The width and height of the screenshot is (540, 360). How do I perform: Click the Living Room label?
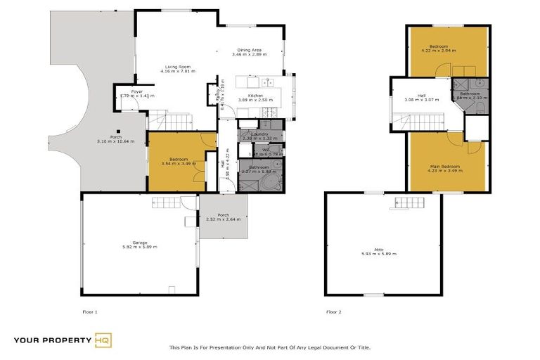tap(177, 67)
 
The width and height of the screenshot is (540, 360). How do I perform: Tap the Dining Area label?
tap(249, 50)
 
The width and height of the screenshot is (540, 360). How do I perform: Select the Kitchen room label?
tap(255, 96)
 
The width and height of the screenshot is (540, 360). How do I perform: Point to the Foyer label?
tap(137, 91)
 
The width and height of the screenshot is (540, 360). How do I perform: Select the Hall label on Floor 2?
tap(421, 96)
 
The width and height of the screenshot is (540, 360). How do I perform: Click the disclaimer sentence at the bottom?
tap(269, 347)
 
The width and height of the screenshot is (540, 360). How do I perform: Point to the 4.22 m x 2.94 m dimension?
tap(449, 51)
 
